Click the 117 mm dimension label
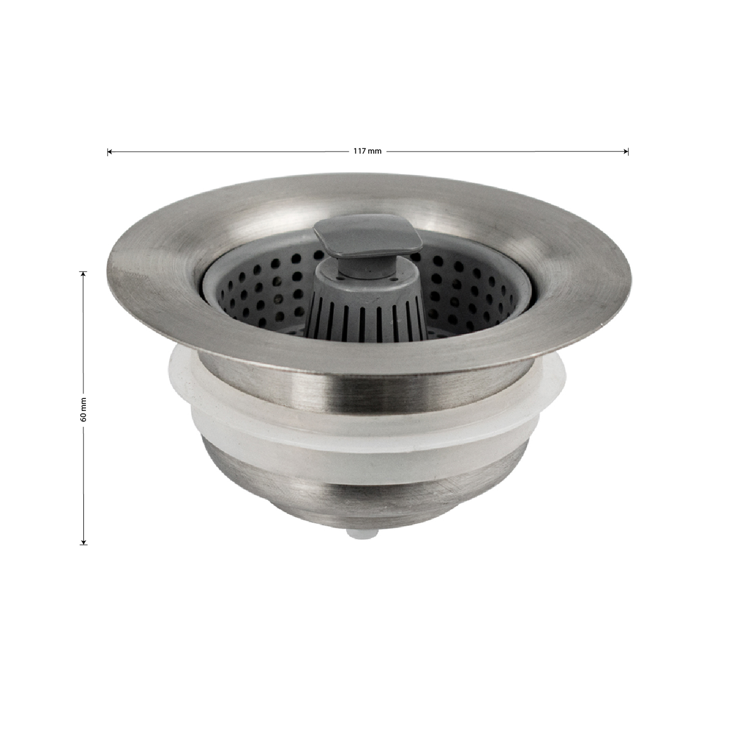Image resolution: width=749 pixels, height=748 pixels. (x=367, y=151)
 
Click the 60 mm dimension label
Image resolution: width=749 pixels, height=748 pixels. (x=84, y=409)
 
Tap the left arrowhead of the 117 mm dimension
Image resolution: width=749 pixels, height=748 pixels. (x=109, y=152)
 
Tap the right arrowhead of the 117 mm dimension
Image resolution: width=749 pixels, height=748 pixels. (x=626, y=152)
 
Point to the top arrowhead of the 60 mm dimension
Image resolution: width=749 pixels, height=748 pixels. (x=84, y=274)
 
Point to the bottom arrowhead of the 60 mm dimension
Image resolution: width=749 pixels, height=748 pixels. (x=84, y=541)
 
